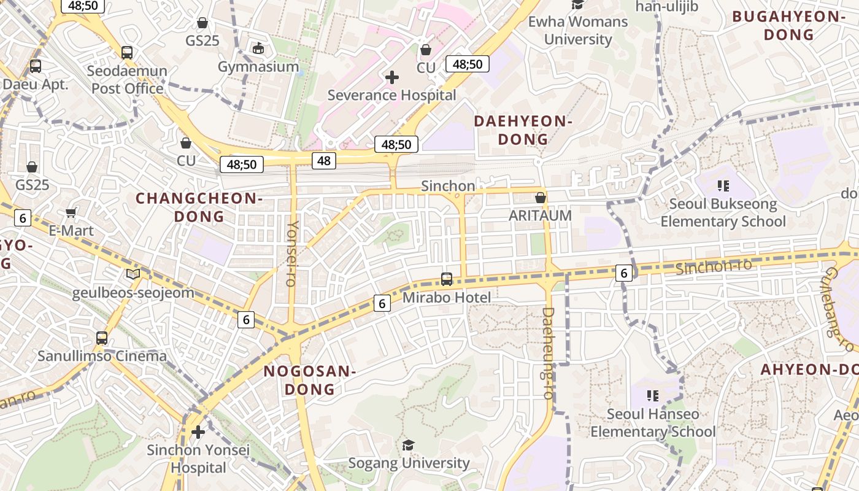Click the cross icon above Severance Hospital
click(391, 77)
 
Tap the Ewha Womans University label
click(577, 31)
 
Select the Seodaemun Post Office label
click(127, 80)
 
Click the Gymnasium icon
click(258, 48)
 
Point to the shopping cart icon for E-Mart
click(71, 212)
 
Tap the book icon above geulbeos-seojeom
click(133, 274)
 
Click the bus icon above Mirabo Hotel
click(447, 279)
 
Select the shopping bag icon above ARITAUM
click(540, 198)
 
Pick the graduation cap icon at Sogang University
click(409, 444)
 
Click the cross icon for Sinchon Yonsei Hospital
click(198, 432)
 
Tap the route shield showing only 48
click(324, 161)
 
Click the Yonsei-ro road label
click(292, 253)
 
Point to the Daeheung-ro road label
click(548, 353)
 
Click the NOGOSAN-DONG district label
click(310, 380)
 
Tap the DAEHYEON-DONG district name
click(523, 130)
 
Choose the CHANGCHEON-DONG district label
click(199, 207)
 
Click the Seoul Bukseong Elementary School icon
click(723, 185)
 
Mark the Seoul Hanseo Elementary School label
click(653, 423)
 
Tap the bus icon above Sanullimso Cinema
click(102, 338)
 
